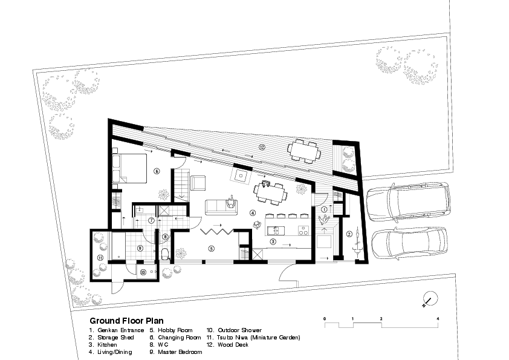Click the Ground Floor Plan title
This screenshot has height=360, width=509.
126,321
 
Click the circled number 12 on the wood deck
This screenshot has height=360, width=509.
262,147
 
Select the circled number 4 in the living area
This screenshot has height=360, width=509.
253,213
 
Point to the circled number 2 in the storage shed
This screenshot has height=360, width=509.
349,234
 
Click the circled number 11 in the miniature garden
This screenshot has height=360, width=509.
100,258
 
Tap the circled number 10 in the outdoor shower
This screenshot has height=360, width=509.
143,272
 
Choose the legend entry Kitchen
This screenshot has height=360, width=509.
103,345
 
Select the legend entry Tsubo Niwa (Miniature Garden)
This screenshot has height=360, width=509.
253,338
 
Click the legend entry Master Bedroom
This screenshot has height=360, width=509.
176,352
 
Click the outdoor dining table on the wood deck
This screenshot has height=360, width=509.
304,151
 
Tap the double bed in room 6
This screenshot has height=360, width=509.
129,168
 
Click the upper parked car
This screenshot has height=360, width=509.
409,201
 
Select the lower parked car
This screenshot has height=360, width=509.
409,243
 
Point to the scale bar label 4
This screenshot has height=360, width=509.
438,319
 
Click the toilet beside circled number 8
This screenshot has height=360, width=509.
165,254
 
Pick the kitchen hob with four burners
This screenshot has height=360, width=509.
304,231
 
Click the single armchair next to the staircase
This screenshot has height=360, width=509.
198,183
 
